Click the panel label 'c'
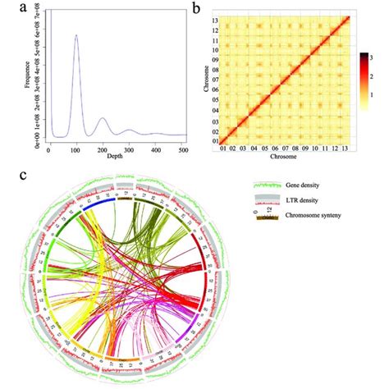pyautogui.click(x=10, y=176)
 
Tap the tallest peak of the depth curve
pyautogui.click(x=76, y=36)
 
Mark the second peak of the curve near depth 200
pyautogui.click(x=102, y=119)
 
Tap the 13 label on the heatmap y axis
pyautogui.click(x=214, y=18)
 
